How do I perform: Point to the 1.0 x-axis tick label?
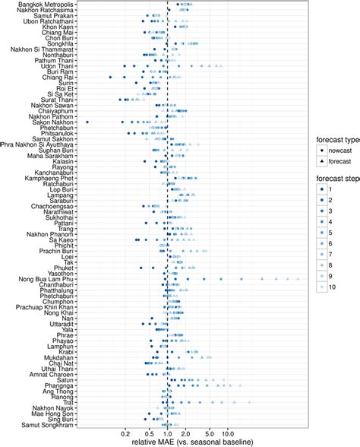(x=167, y=433)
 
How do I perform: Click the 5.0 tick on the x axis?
(x=209, y=433)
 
